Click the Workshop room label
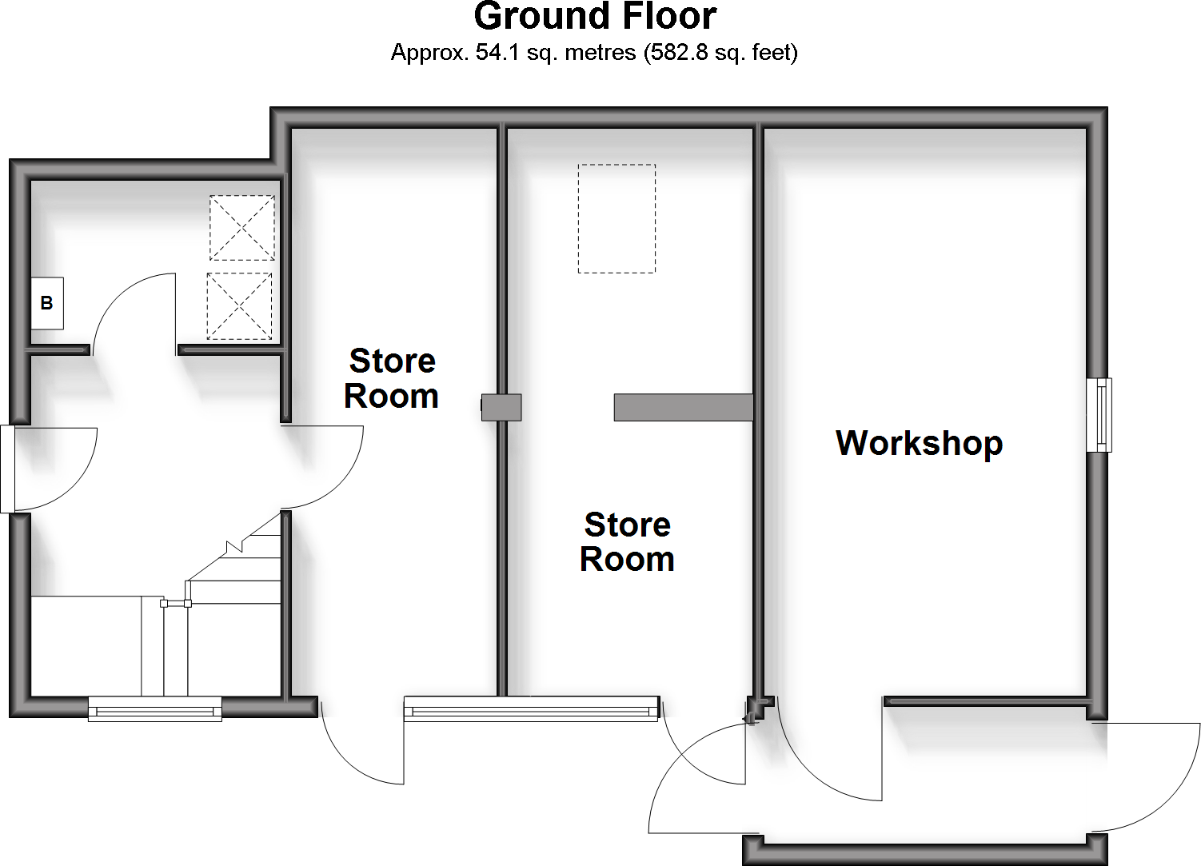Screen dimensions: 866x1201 [x=919, y=443]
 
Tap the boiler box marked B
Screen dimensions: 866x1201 [x=47, y=304]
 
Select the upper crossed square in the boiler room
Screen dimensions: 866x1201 [x=241, y=228]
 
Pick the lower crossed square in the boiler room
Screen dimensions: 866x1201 [x=239, y=306]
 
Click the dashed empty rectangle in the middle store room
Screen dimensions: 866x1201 [x=616, y=218]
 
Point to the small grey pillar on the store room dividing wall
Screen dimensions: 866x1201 [x=501, y=407]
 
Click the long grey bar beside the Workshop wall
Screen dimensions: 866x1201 [x=683, y=407]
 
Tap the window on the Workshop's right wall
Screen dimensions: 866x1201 [x=1099, y=414]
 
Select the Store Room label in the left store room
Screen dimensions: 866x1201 [x=392, y=378]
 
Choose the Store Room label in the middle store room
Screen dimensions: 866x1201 [x=627, y=542]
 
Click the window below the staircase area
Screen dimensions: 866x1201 [x=154, y=708]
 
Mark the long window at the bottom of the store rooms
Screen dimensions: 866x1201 [x=530, y=708]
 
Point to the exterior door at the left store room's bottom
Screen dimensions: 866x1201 [x=361, y=744]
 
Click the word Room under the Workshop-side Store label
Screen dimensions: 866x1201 [x=627, y=560]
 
